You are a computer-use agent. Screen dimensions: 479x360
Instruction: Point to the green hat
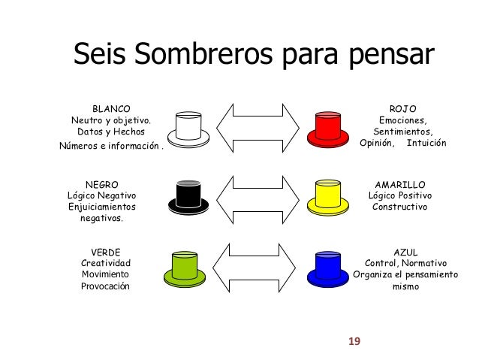[188, 266]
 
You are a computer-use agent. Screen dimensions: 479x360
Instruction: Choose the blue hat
[328, 266]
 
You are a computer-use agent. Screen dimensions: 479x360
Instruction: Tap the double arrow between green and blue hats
[258, 266]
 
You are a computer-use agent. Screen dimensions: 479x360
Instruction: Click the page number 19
[354, 342]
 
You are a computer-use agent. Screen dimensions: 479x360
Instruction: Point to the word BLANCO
[110, 107]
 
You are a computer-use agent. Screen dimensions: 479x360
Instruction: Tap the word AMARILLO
[399, 183]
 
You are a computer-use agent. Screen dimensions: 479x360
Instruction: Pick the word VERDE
[105, 252]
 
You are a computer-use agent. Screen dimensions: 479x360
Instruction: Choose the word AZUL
[405, 252]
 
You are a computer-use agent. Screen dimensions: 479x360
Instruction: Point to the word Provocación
[105, 286]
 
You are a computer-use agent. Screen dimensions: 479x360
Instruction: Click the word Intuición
[426, 143]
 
